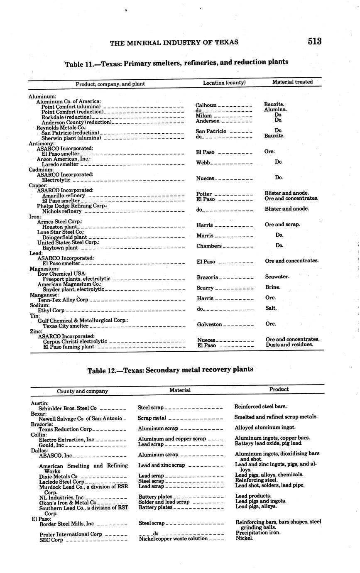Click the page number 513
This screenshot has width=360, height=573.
314,41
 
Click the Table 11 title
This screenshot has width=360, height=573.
176,63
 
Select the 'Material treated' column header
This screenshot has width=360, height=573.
292,82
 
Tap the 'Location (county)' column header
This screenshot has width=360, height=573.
224,83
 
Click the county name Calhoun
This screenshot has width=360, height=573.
206,105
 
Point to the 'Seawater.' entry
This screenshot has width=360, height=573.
277,277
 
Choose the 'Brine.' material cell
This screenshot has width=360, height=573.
273,287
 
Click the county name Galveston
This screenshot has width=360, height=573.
209,324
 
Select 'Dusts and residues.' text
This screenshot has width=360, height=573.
289,345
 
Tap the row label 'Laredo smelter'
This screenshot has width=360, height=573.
60,164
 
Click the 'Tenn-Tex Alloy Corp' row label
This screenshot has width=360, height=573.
63,300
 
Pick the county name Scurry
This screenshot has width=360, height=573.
205,288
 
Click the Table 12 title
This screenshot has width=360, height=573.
170,370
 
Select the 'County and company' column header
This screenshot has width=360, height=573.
82,391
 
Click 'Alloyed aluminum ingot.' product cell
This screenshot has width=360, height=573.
265,428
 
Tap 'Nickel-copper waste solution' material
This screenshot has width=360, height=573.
173,539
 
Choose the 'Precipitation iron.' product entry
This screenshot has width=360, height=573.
258,533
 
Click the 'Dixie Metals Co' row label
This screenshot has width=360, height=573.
58,476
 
